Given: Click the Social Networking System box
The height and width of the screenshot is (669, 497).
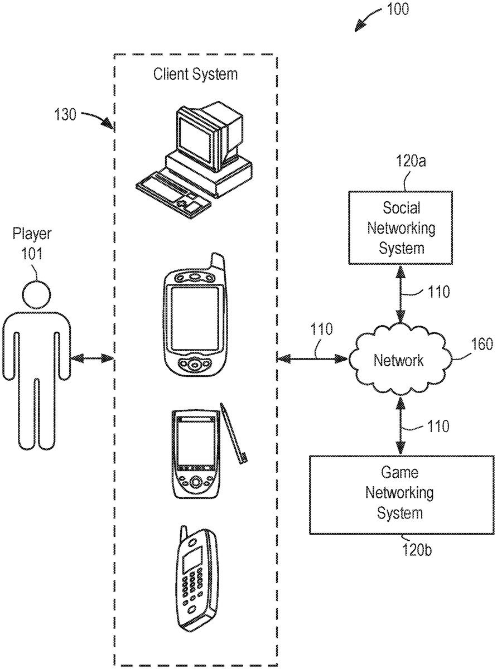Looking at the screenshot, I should (x=401, y=227).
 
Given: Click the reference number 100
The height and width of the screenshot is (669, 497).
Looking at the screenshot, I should (x=396, y=9).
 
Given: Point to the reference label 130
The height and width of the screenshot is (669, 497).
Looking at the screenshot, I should (x=66, y=115).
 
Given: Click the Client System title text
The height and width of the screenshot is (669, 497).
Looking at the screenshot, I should (x=195, y=74).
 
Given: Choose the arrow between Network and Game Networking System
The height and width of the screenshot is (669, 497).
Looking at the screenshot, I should (x=399, y=424).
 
